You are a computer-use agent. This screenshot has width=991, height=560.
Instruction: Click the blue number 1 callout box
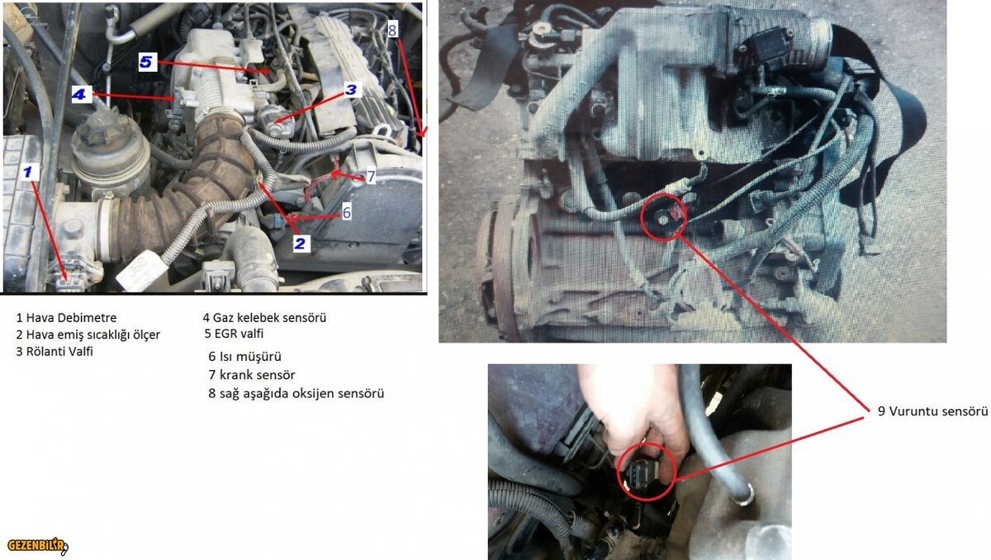point(28,172)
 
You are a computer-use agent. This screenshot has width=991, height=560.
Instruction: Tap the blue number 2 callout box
point(300,244)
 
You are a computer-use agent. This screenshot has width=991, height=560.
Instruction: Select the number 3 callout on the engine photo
point(351,90)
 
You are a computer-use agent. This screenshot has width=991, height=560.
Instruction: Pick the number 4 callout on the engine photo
point(79,94)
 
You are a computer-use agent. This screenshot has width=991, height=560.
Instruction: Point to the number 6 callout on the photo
point(346,212)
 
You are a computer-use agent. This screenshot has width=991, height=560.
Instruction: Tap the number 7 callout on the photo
point(371,177)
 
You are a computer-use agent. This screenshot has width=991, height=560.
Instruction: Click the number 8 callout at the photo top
point(392,30)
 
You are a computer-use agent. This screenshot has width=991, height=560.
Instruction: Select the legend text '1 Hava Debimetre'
point(66,318)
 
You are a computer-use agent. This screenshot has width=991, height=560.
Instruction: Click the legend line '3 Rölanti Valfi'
point(55,352)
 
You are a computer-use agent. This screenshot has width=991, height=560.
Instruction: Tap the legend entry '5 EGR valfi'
point(234,334)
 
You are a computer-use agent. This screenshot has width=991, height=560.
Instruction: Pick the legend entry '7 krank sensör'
point(252,375)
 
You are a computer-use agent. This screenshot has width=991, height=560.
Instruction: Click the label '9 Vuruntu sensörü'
point(932,411)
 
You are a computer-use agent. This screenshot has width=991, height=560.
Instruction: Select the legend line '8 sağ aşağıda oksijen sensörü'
point(296,394)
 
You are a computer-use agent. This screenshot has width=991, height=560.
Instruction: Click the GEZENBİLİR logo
point(38,545)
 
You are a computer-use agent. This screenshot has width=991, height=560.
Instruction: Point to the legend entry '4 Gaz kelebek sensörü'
point(264,318)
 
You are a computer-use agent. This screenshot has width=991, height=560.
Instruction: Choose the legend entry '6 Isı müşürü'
point(244,357)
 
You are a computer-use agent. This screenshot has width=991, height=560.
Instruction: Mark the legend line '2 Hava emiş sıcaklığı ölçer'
point(88,335)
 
